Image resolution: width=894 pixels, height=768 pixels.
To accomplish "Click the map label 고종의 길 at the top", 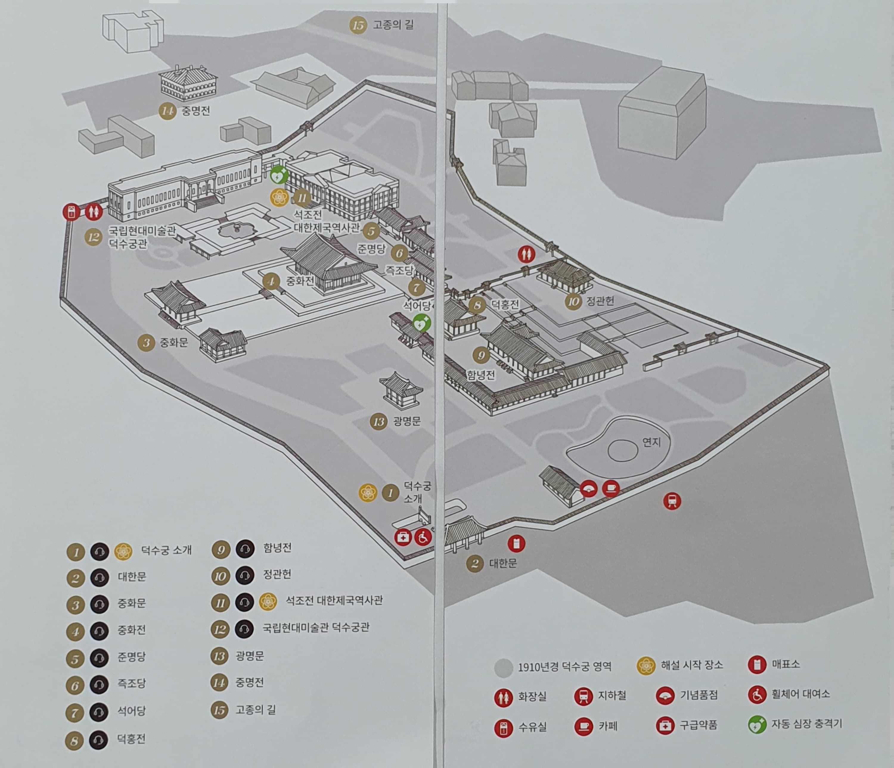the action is click(393, 25).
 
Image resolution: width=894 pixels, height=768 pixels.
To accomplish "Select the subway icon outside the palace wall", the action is click(672, 501).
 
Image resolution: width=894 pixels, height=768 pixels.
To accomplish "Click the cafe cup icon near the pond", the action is click(611, 489).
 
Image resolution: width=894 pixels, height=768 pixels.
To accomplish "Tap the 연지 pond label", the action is click(651, 442).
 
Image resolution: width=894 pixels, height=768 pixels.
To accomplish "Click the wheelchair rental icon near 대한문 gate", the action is click(423, 538).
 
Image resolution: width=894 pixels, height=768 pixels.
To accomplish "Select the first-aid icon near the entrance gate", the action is click(403, 538).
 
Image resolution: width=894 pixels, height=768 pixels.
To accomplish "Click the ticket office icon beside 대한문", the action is click(516, 544).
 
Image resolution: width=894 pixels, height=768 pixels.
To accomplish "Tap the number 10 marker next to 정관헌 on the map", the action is click(573, 302).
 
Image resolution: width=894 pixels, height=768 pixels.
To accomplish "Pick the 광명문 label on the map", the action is click(407, 421).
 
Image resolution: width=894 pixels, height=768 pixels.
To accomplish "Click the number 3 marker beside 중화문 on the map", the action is click(146, 343).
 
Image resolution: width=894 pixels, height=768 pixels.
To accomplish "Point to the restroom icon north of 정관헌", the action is click(526, 254).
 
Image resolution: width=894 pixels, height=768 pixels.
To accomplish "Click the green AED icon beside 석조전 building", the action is click(279, 175).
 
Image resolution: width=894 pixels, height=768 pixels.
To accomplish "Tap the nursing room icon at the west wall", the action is click(72, 212).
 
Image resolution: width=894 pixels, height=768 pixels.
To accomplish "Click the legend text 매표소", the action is click(786, 664).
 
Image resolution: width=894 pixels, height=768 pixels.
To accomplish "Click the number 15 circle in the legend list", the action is click(220, 710).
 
